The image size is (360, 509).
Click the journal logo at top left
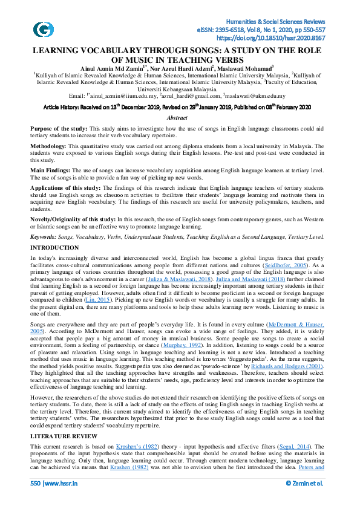(42, 29)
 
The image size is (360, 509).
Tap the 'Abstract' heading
(177, 118)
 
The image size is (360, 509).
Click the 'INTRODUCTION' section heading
(54, 248)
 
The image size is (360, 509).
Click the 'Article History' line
(177, 106)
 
